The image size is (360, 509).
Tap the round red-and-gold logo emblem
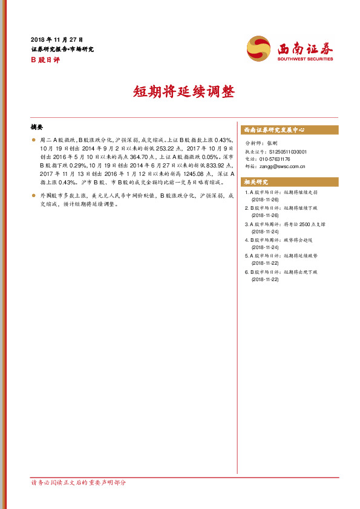point(260,48)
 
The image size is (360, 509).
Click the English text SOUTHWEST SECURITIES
point(306,59)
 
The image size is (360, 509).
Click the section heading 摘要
point(36,128)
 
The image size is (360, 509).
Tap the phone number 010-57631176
point(280,159)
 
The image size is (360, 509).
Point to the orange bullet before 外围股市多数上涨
point(33,196)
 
